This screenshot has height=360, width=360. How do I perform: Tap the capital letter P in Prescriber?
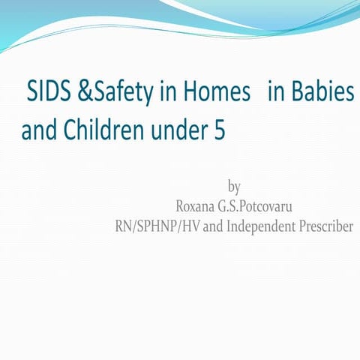coord(302,224)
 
